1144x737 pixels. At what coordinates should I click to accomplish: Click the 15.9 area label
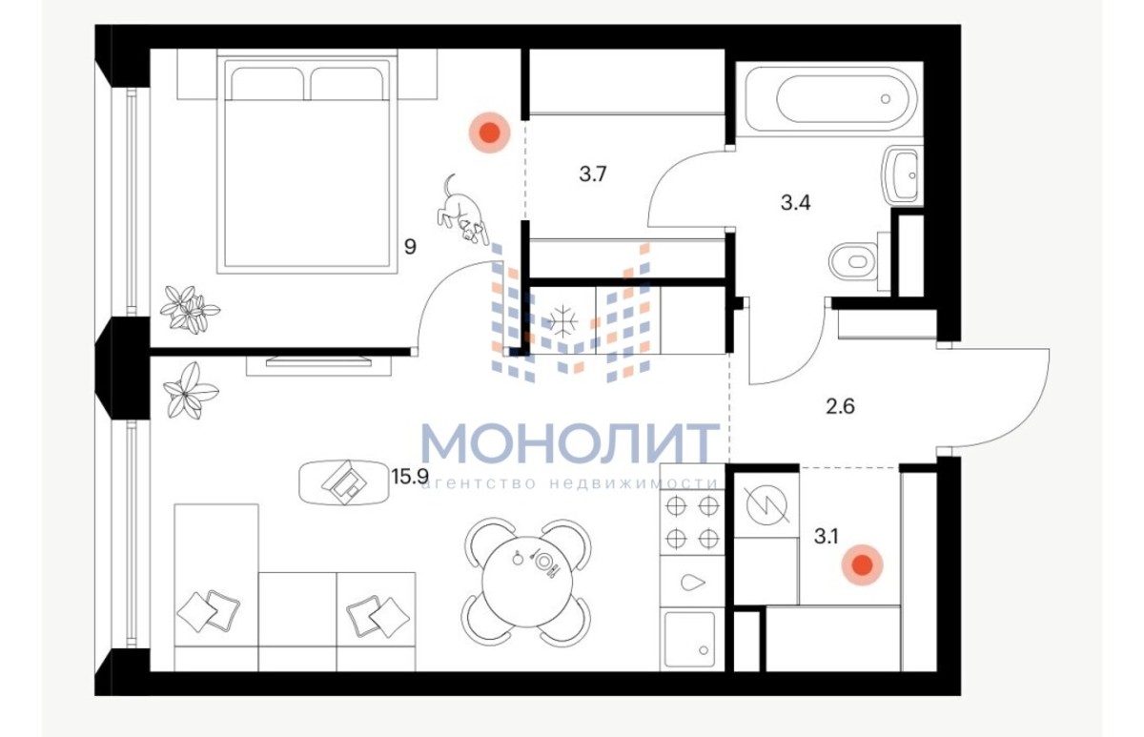[x=409, y=476]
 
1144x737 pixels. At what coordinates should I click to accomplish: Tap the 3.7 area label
[x=592, y=174]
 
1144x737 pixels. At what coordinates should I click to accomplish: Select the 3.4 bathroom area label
[x=795, y=203]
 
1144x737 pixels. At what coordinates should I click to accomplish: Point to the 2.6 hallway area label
[x=840, y=406]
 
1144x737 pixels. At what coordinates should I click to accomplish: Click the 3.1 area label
[x=826, y=537]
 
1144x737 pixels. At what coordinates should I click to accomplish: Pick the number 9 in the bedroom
[x=410, y=247]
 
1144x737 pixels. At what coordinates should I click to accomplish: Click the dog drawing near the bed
[x=461, y=211]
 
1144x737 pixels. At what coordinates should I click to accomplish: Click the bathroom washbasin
[x=903, y=175]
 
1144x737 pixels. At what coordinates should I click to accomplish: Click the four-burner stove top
[x=692, y=522]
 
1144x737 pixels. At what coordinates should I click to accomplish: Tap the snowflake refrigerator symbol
[x=562, y=321]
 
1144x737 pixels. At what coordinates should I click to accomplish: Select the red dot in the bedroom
[x=490, y=133]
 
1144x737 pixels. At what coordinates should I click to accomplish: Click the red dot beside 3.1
[x=863, y=564]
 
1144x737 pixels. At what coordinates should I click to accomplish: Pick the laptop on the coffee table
[x=344, y=482]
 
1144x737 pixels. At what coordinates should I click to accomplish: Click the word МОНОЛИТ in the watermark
[x=570, y=443]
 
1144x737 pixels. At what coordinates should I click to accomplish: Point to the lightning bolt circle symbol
[x=767, y=505]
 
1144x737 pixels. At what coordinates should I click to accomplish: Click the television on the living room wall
[x=318, y=361]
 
